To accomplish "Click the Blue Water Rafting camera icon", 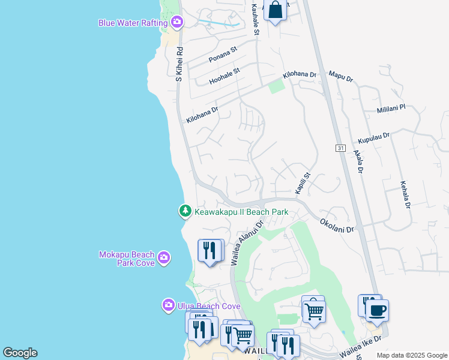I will pos(176,23).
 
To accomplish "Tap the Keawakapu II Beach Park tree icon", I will pos(185,211).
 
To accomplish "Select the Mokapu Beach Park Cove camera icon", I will pos(164,259).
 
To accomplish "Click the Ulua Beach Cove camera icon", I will pos(169,305).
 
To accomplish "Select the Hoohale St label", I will pos(224,76).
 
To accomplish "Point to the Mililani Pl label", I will pos(391,108).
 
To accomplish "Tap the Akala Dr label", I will pos(359,161).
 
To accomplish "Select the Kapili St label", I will pos(303,184).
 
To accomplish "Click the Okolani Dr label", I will pos(337,225).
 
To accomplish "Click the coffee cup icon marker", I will pos(377,311).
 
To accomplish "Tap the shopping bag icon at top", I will pos(275,10).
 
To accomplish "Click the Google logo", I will pos(20,353).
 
